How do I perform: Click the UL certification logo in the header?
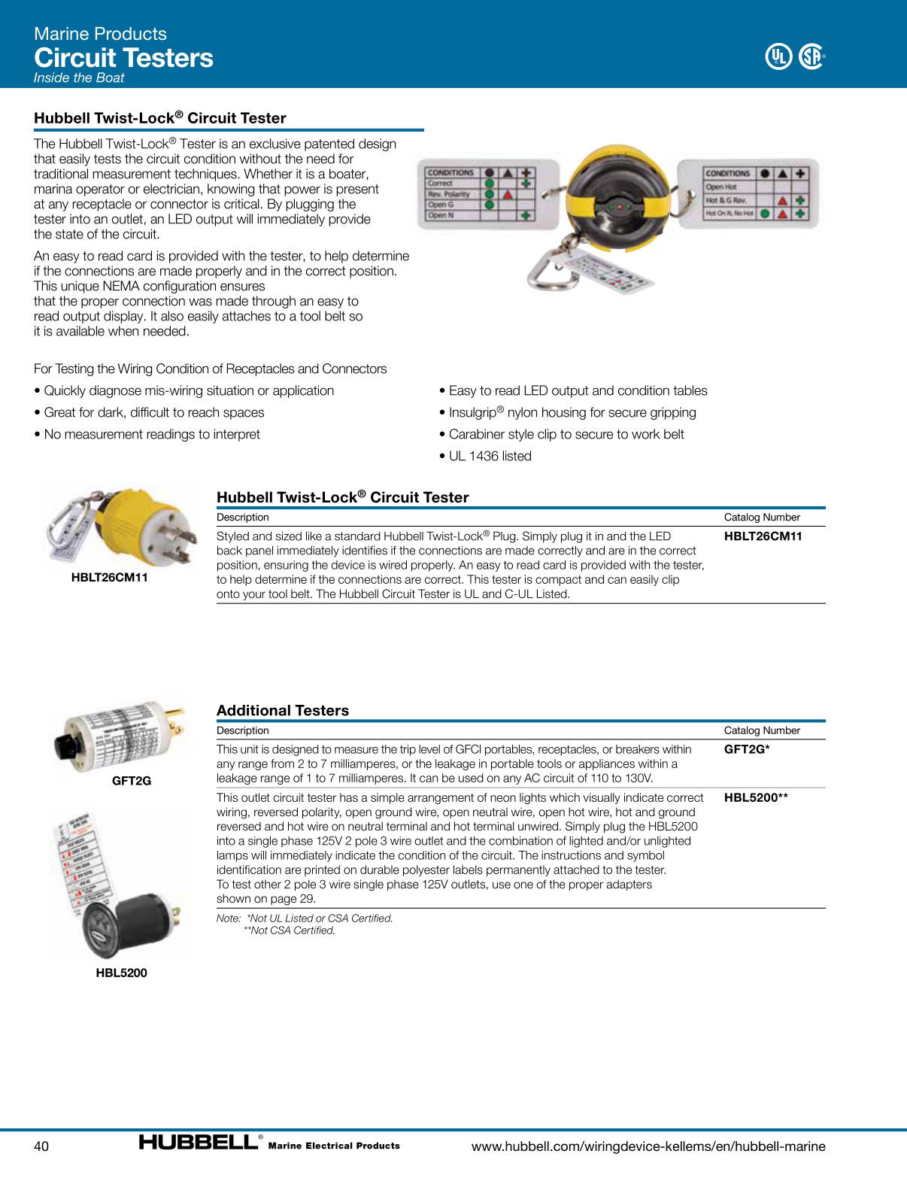pyautogui.click(x=778, y=56)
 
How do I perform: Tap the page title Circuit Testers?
pyautogui.click(x=123, y=58)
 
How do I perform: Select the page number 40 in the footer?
pyautogui.click(x=41, y=1146)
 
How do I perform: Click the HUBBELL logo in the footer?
pyautogui.click(x=199, y=1143)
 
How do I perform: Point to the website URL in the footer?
pyautogui.click(x=648, y=1146)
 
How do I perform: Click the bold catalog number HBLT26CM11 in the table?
pyautogui.click(x=763, y=536)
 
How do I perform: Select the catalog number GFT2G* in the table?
pyautogui.click(x=746, y=749)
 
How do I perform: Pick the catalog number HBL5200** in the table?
pyautogui.click(x=756, y=797)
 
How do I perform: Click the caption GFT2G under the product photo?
pyautogui.click(x=132, y=781)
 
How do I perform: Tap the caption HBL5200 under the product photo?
pyautogui.click(x=121, y=973)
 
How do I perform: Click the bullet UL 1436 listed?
pyautogui.click(x=490, y=456)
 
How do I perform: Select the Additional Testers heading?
pyautogui.click(x=283, y=711)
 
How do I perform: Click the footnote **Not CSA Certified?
pyautogui.click(x=290, y=931)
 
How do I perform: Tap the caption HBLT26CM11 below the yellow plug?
pyautogui.click(x=109, y=578)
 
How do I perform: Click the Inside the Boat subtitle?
pyautogui.click(x=79, y=78)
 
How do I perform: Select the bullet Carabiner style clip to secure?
pyautogui.click(x=566, y=434)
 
